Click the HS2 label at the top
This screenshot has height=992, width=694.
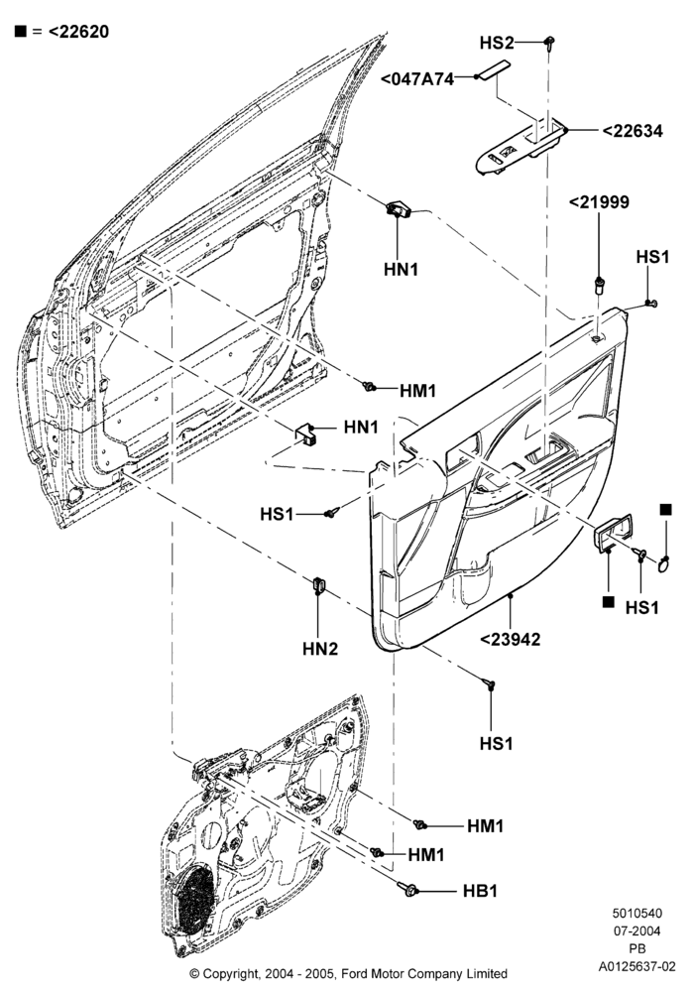click(497, 43)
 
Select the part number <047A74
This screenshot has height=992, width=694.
click(417, 79)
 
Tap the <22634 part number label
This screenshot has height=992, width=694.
click(633, 131)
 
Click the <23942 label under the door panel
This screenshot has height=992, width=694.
click(510, 639)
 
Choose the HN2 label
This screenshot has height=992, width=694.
click(320, 649)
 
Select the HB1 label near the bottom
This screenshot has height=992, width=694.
click(481, 891)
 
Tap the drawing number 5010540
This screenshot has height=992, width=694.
click(636, 913)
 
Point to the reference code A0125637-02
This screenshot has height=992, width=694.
click(637, 966)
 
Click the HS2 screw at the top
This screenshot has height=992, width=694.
click(550, 43)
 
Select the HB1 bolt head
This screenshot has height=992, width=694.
click(409, 890)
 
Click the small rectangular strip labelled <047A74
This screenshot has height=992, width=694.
click(493, 70)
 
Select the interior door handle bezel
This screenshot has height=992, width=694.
click(612, 533)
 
